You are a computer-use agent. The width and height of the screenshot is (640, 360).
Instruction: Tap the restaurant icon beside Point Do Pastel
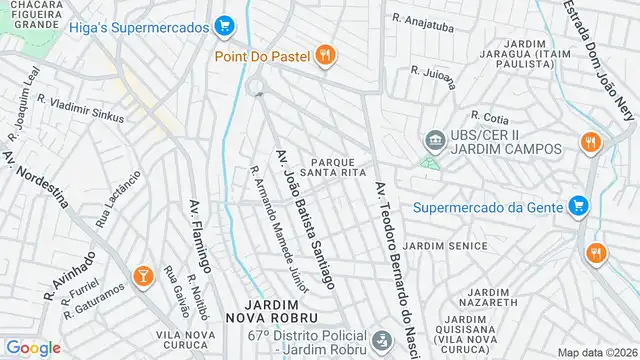(324, 56)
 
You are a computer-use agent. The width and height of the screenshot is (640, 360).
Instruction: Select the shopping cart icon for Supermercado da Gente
(577, 207)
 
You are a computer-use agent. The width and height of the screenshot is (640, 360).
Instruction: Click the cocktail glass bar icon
(142, 275)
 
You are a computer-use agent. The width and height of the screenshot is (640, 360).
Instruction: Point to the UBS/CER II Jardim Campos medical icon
(434, 139)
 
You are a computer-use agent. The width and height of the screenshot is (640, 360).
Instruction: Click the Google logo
(33, 348)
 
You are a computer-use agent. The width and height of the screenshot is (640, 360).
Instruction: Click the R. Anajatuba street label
(424, 19)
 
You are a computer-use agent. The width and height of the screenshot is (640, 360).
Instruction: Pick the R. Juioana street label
(432, 71)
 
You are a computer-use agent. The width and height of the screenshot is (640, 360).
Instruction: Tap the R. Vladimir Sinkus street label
(80, 108)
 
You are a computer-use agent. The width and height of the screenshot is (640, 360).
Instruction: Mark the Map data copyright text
(598, 352)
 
